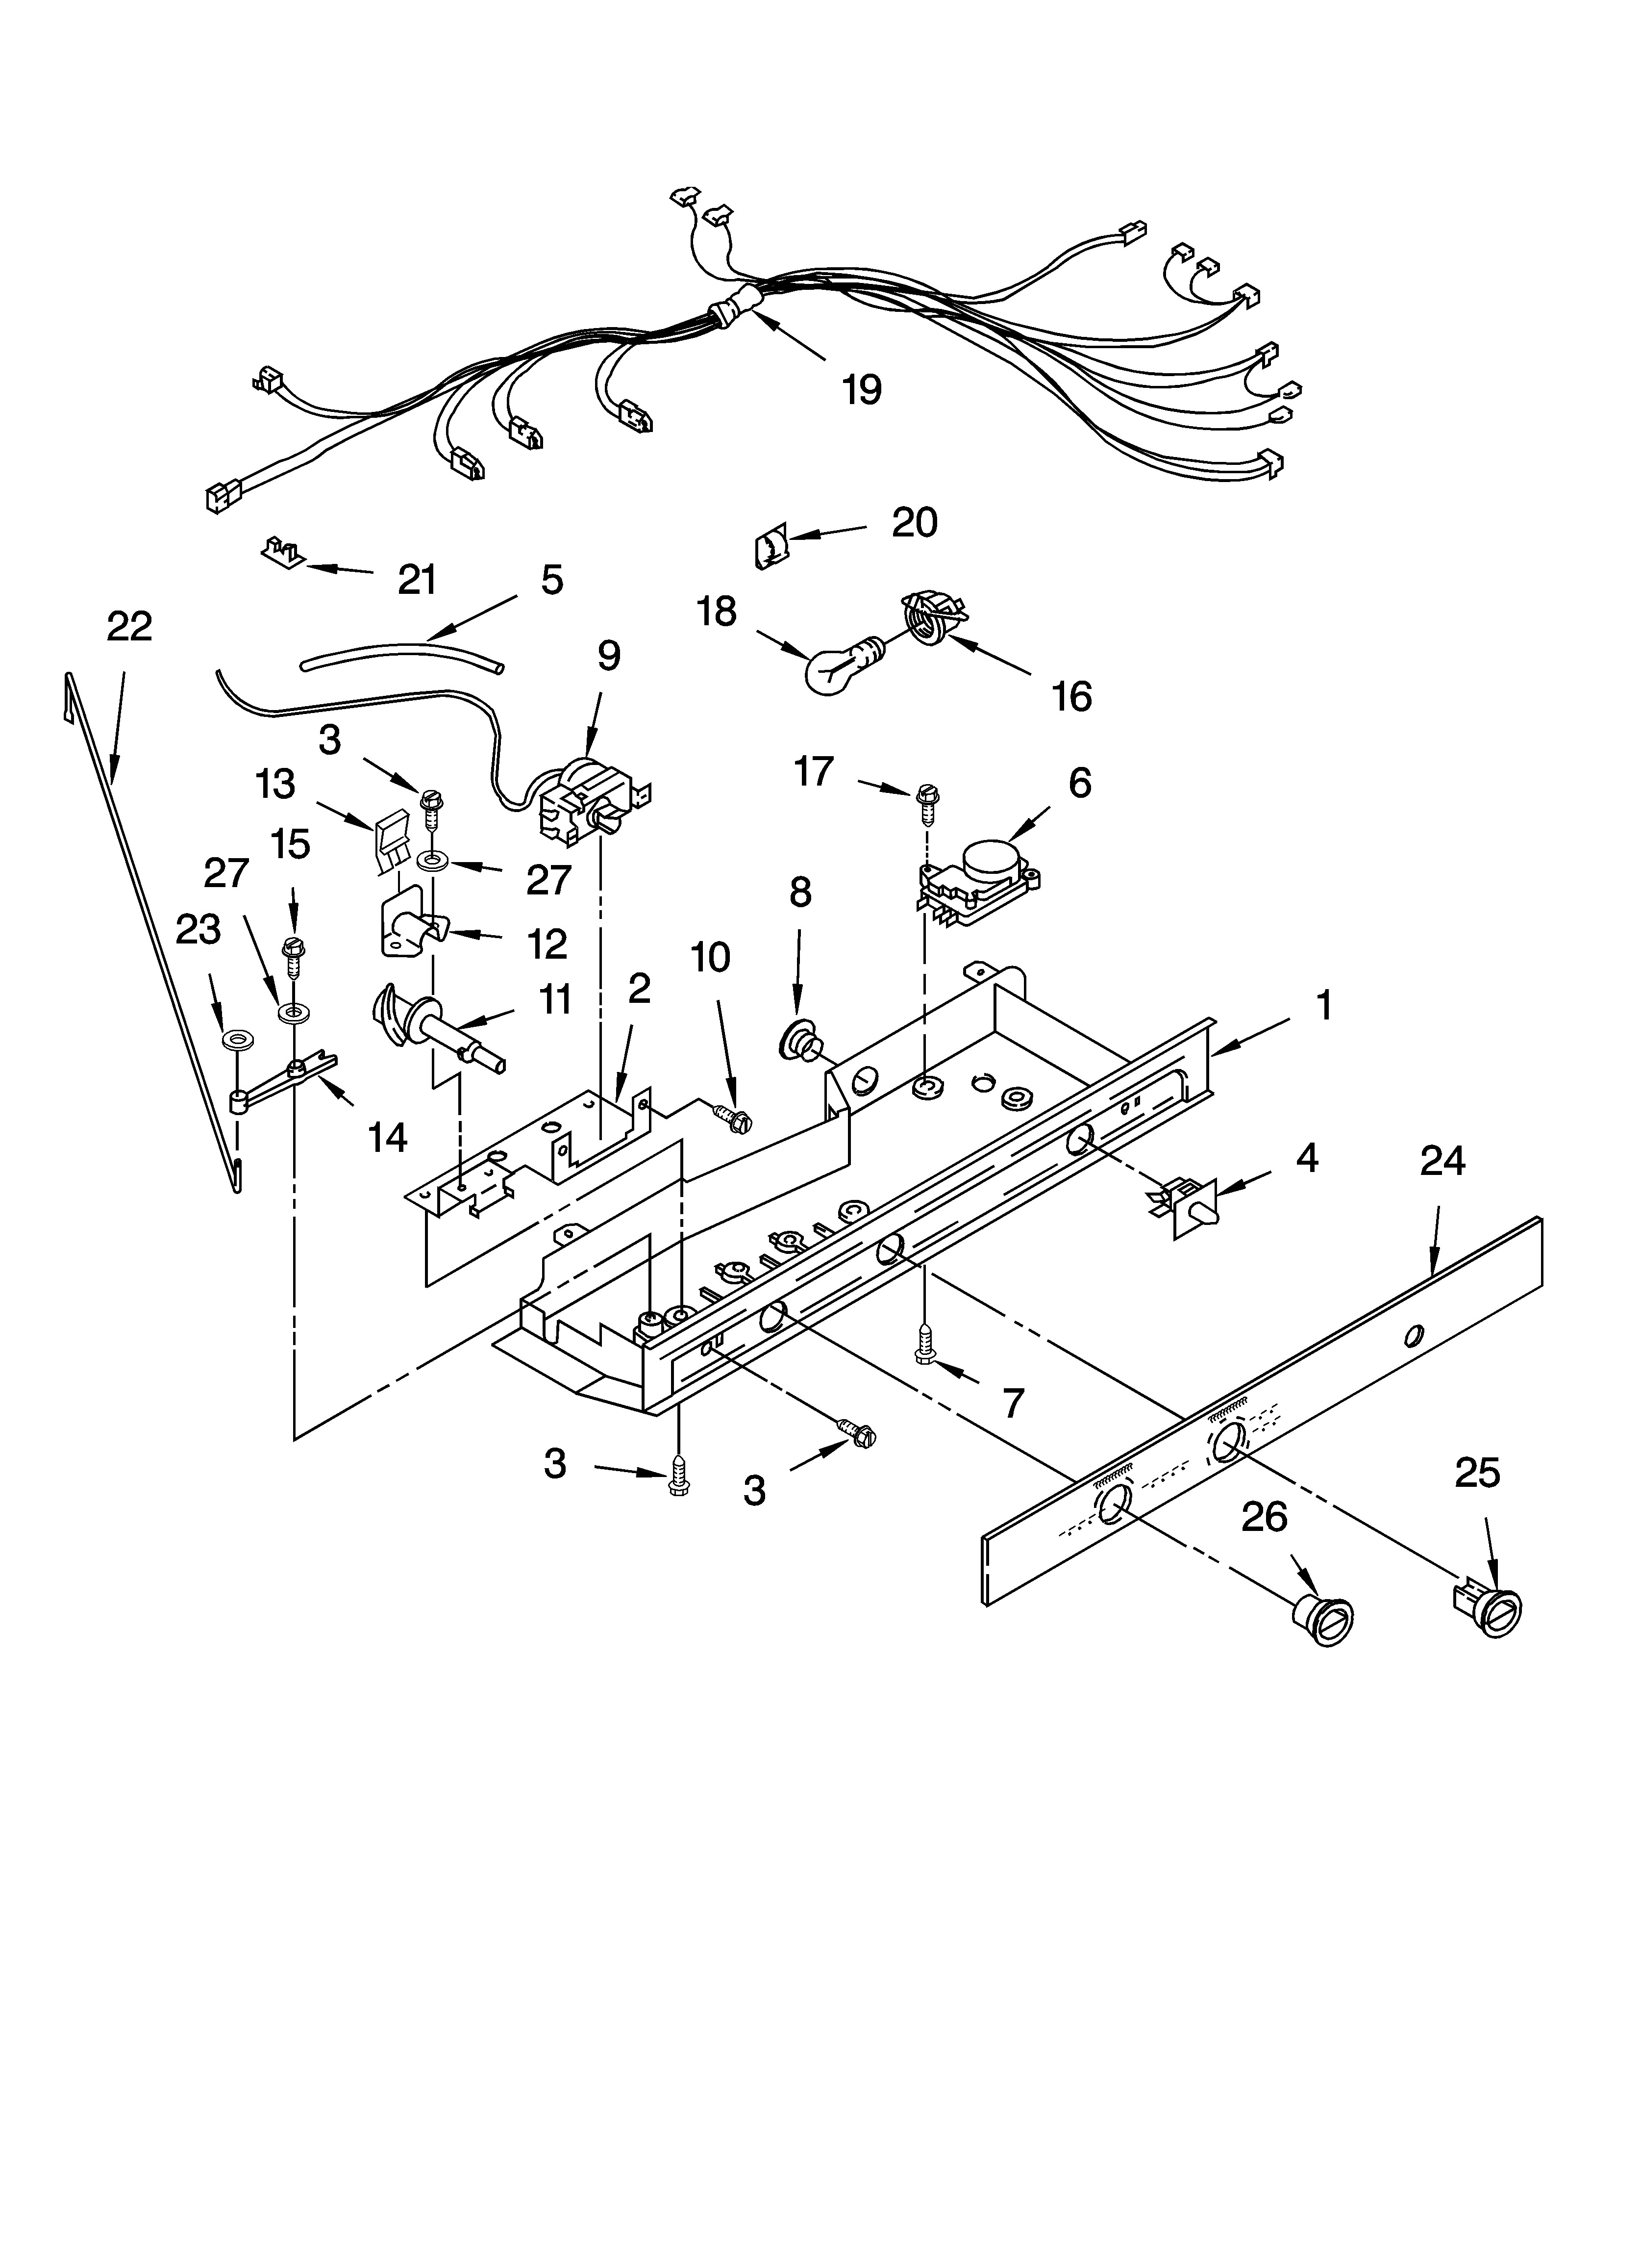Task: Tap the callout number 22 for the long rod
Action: click(x=129, y=627)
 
